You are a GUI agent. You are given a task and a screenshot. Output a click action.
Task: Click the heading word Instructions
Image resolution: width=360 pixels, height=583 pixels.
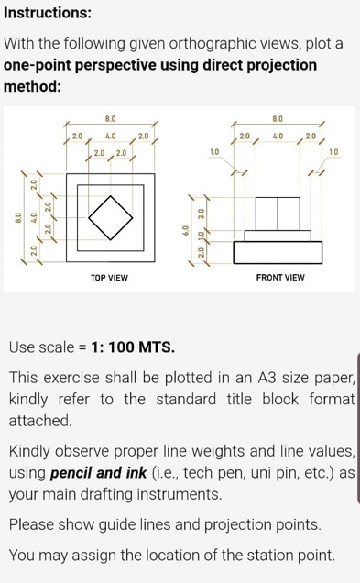coord(47,13)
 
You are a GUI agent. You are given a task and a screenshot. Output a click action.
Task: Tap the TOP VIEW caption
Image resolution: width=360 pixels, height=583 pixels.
coord(109,276)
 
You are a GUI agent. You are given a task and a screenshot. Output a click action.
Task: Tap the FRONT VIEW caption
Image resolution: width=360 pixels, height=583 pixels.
coord(279,276)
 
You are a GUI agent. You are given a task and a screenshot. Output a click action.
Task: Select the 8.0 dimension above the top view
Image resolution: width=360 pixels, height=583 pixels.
coord(110,119)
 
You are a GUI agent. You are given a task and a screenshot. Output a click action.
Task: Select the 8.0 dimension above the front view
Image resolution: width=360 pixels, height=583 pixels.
coord(278,119)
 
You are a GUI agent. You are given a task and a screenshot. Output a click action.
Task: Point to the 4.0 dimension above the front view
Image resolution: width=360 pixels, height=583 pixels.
coord(278,136)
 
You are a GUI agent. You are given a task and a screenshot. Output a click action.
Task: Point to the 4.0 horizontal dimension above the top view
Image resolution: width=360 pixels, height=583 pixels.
coord(110,136)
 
